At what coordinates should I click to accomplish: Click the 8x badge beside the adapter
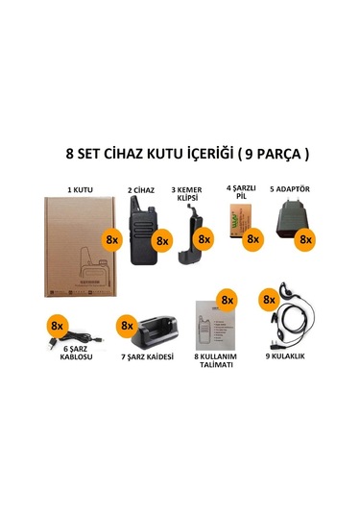306,238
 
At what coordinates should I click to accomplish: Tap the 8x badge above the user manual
228,301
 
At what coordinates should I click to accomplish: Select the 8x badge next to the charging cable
56,326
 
